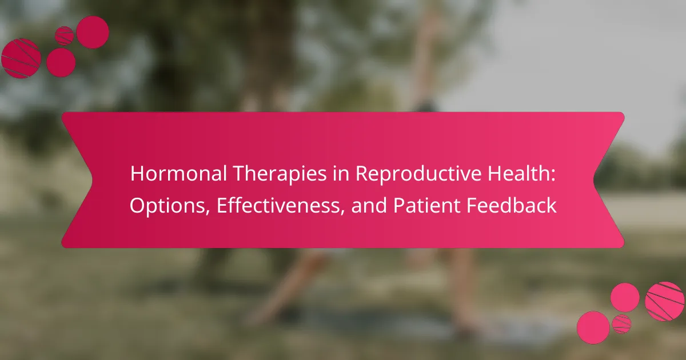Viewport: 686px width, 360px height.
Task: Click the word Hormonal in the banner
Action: tap(178, 173)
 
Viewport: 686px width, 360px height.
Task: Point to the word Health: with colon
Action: tap(521, 173)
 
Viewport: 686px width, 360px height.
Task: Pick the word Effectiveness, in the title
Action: tap(281, 205)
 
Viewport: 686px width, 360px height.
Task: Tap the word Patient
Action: tap(426, 205)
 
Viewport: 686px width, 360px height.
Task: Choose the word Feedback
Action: tap(512, 205)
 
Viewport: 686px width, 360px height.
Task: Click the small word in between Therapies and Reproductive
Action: tap(341, 174)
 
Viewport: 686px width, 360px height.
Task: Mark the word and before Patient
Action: tap(369, 205)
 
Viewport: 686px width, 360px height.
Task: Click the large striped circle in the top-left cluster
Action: tap(21, 58)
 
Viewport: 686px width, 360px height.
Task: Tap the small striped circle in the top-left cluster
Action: tap(64, 36)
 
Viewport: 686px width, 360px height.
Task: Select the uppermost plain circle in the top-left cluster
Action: tap(93, 32)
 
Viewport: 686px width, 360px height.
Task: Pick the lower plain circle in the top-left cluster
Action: tap(61, 62)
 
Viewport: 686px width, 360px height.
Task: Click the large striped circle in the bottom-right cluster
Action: tap(664, 301)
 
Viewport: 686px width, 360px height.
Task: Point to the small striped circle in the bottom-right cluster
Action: tap(621, 324)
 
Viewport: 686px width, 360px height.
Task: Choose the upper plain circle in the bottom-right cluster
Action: tap(625, 298)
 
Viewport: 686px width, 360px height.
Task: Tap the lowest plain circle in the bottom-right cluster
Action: tap(593, 327)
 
